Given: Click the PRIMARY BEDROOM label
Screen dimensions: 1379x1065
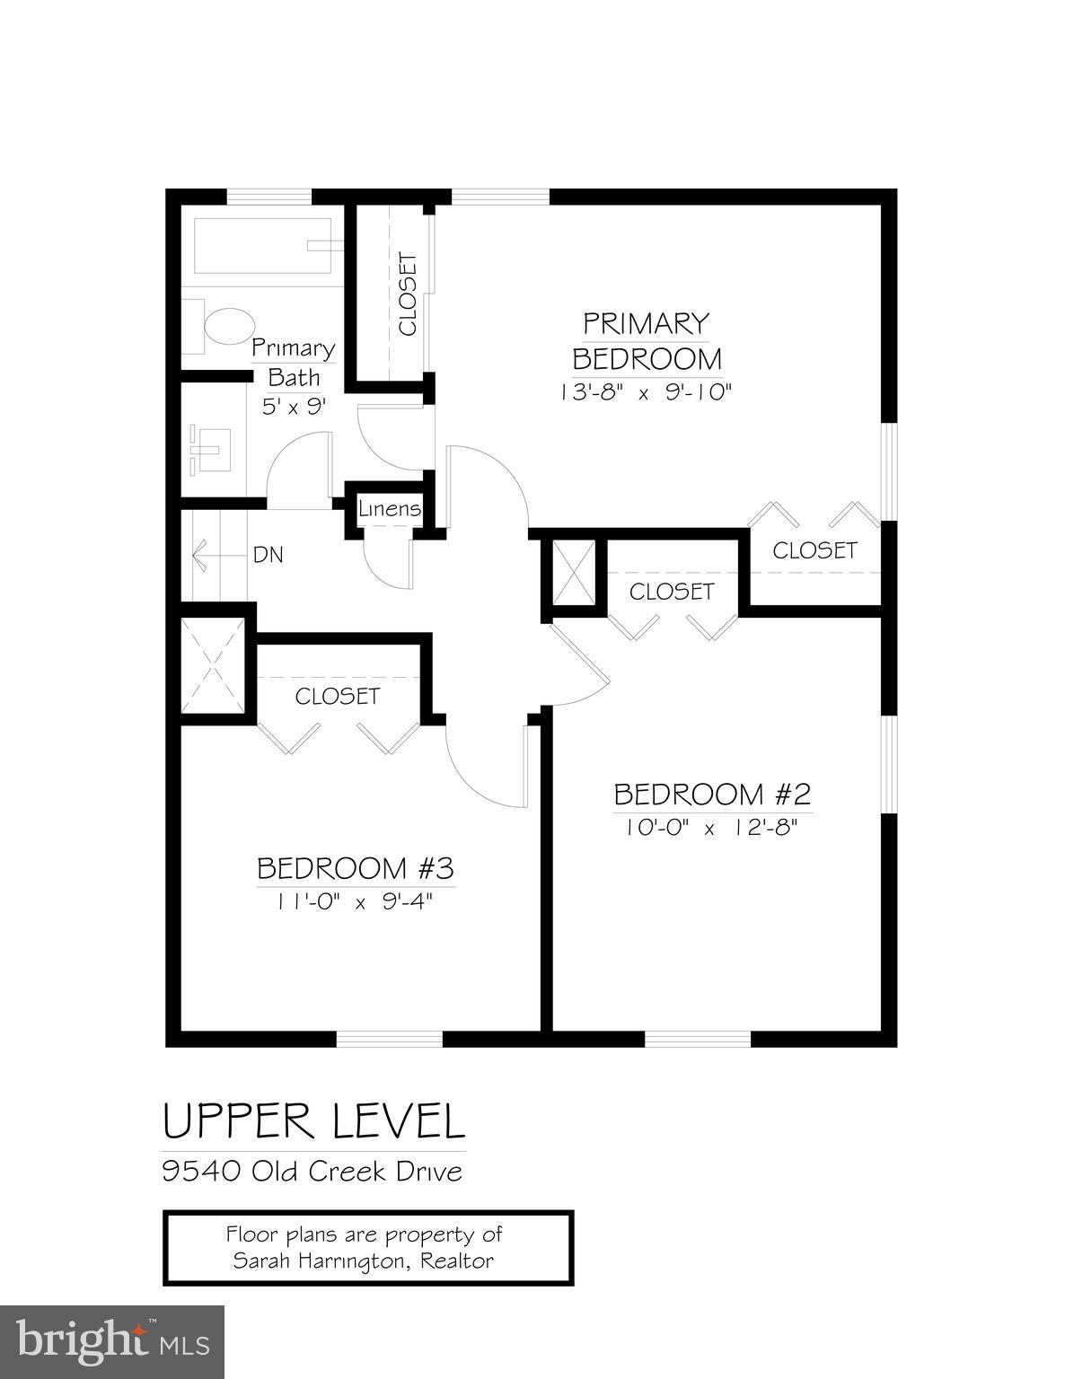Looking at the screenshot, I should pyautogui.click(x=647, y=340).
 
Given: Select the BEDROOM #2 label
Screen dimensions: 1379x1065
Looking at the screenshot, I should pyautogui.click(x=712, y=794).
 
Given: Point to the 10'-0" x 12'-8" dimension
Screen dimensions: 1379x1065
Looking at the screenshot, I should pyautogui.click(x=712, y=828).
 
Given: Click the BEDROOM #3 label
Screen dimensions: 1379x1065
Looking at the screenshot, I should pyautogui.click(x=356, y=868).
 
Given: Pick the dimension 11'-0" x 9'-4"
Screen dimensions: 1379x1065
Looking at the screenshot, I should pyautogui.click(x=356, y=902).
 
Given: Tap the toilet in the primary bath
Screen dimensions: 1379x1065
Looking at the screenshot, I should pyautogui.click(x=227, y=327).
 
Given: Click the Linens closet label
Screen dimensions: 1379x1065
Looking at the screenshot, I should pyautogui.click(x=390, y=509).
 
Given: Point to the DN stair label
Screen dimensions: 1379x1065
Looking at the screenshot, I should pyautogui.click(x=268, y=555).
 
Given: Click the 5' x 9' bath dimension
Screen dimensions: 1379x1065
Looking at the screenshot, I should pyautogui.click(x=294, y=406).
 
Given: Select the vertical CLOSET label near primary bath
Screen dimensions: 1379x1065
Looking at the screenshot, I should pyautogui.click(x=408, y=294).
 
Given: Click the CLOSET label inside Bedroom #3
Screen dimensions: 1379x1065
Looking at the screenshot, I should pyautogui.click(x=338, y=696).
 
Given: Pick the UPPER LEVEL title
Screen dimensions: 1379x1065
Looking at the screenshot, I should pyautogui.click(x=313, y=1122).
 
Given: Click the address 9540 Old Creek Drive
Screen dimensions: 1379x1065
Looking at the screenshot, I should pyautogui.click(x=312, y=1171).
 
